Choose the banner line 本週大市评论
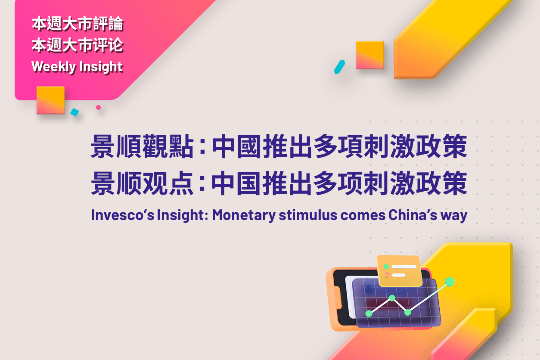(78, 45)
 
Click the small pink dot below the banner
(98, 107)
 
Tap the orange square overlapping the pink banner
(50, 100)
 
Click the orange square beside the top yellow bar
(370, 55)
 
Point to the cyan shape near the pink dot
(74, 112)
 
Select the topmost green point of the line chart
(450, 282)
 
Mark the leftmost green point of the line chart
(369, 313)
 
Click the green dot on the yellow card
(387, 267)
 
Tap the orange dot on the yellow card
(387, 275)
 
